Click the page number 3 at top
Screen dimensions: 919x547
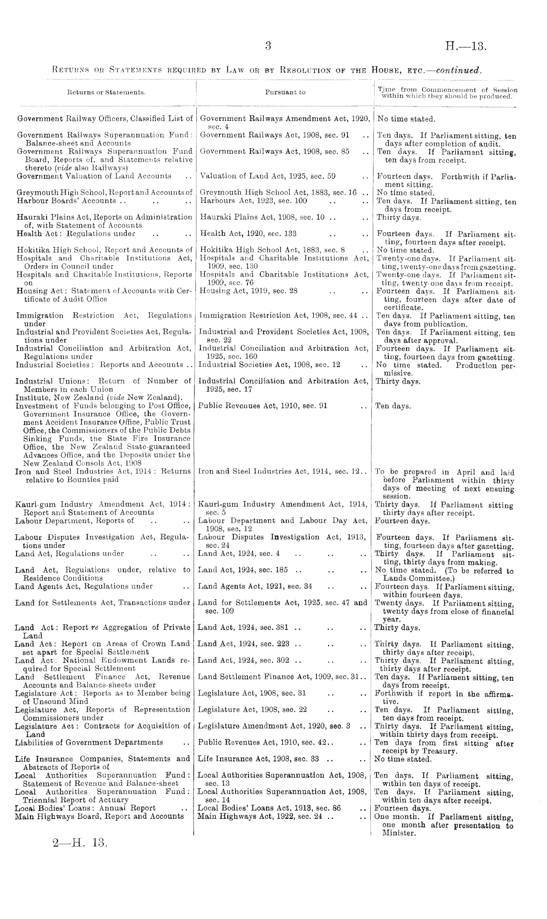tap(268, 47)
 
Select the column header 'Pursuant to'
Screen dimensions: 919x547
tap(285, 92)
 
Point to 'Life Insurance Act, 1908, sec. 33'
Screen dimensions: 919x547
tap(259, 759)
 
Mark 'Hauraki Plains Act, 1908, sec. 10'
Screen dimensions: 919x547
tap(262, 217)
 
